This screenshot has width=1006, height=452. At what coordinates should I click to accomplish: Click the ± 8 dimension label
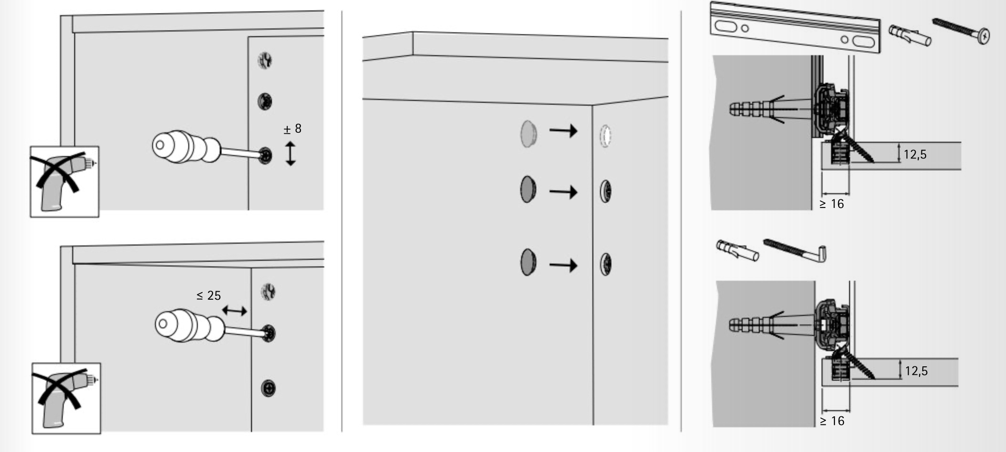pos(292,129)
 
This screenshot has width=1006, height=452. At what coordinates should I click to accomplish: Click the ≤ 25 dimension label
pos(209,295)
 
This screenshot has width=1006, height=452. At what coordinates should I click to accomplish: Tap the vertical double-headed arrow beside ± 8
pos(290,153)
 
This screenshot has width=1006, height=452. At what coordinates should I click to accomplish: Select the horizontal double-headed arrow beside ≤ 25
pos(234,311)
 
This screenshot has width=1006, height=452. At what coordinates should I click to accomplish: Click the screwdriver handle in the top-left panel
pos(186,147)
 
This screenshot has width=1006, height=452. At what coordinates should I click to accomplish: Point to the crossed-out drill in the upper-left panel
pos(64,181)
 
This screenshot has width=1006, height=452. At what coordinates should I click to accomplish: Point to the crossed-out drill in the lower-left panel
pos(66,398)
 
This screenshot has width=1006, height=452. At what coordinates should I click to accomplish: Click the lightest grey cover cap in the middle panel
pos(528,133)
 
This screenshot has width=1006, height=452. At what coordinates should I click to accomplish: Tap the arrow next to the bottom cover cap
pos(563,265)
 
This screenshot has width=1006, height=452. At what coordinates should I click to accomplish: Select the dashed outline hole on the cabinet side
pos(605,136)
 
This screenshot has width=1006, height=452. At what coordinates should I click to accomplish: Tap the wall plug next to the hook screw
pos(737,250)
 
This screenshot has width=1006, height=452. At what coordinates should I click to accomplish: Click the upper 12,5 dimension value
pos(915,154)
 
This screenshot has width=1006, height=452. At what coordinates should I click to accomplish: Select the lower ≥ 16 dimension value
pos(832,421)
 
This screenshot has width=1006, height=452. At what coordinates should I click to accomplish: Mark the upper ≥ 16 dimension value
pos(832,204)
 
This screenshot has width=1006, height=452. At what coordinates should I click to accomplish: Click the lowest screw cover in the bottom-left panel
pos(269,388)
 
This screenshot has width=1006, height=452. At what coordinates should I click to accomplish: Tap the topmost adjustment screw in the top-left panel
pos(265,60)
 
